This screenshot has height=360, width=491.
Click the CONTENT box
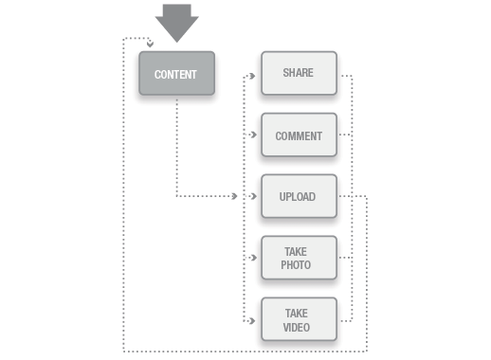click(x=176, y=73)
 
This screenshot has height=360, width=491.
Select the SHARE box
click(x=299, y=73)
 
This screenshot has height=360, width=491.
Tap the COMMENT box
click(x=299, y=135)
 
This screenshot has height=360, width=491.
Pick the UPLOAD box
click(x=299, y=197)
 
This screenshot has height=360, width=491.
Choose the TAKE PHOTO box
click(x=299, y=258)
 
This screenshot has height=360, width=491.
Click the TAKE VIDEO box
click(x=299, y=320)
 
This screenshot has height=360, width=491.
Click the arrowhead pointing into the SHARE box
click(x=253, y=73)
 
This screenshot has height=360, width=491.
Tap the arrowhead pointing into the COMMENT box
click(x=253, y=135)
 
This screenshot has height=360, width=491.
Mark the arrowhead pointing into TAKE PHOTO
click(x=253, y=258)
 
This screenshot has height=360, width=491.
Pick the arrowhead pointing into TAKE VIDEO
click(x=253, y=320)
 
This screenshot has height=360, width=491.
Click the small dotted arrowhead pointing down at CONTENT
click(x=150, y=44)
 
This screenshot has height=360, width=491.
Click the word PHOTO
click(x=296, y=265)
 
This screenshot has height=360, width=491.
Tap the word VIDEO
click(x=297, y=328)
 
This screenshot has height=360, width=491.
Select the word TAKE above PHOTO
click(x=297, y=252)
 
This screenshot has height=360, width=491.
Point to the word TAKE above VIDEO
click(x=297, y=314)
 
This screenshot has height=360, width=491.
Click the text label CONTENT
click(x=176, y=74)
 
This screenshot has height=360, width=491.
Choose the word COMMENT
click(x=299, y=135)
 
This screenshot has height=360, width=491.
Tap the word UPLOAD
click(x=298, y=197)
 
